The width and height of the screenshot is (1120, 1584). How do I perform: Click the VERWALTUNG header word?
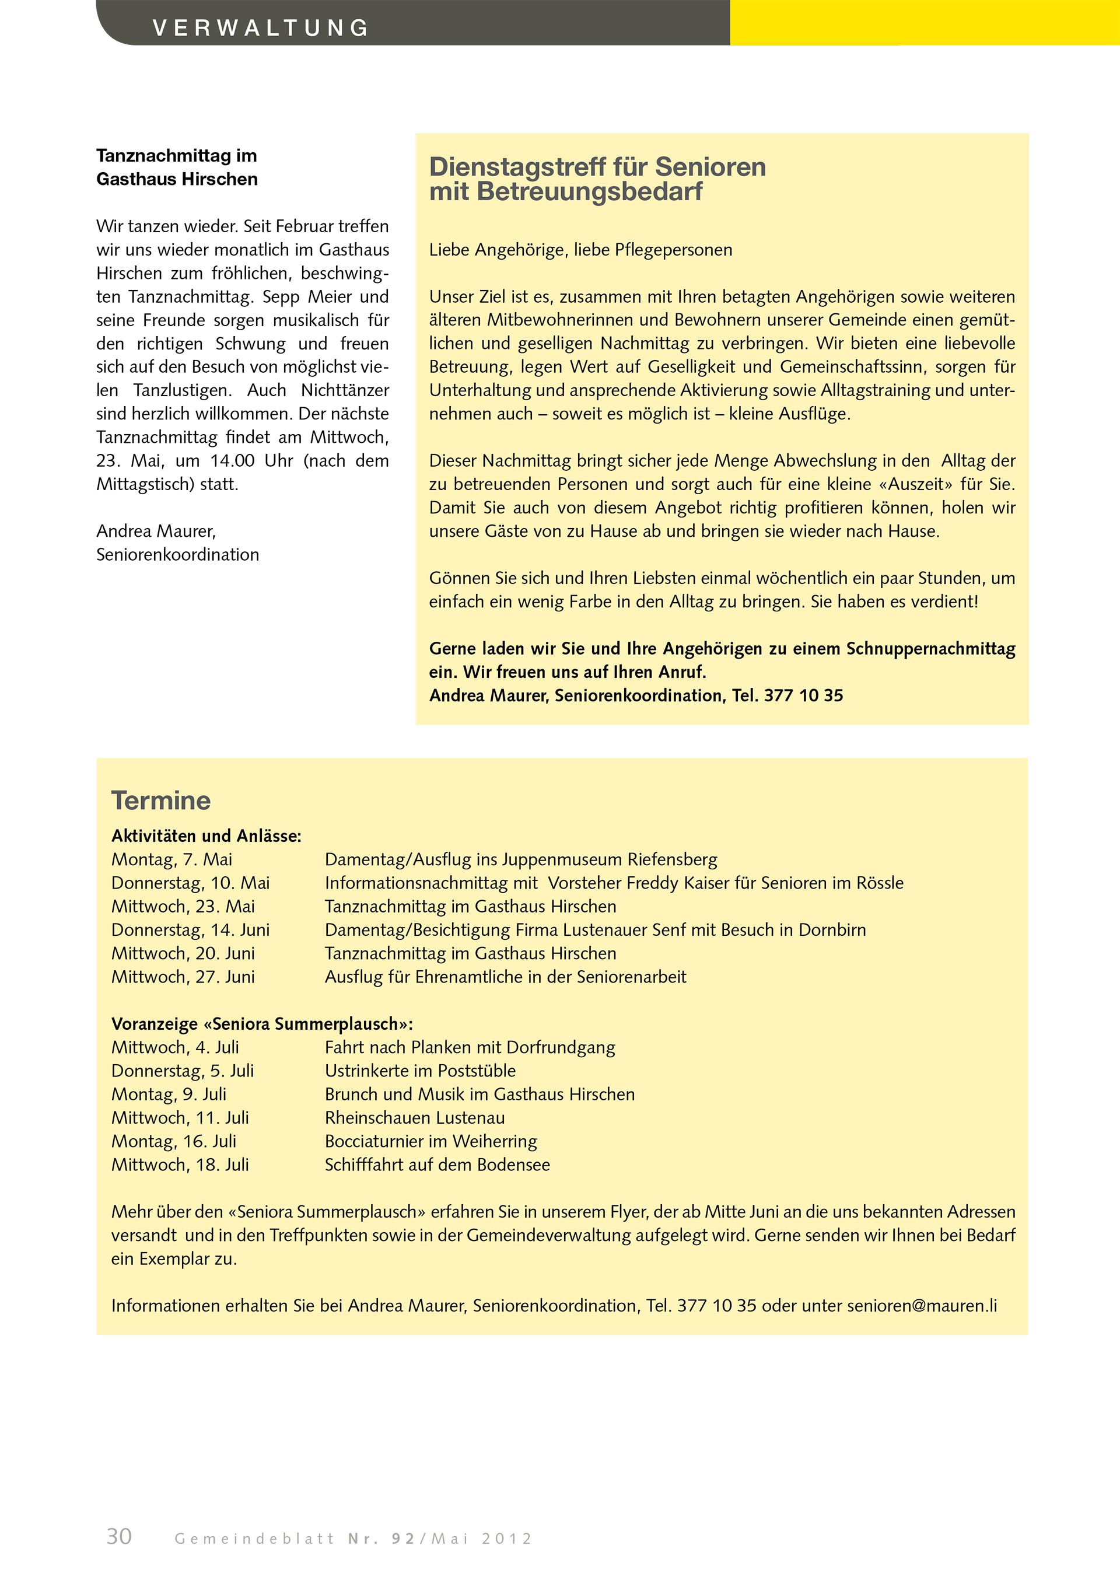point(261,27)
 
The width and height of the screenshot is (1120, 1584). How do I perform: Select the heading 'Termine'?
point(160,800)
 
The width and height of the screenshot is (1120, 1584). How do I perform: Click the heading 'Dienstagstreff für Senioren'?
point(597,167)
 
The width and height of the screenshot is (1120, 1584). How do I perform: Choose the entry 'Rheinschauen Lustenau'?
point(415,1118)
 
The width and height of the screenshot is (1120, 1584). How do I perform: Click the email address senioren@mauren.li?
point(922,1305)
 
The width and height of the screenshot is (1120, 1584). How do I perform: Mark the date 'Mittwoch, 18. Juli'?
point(180,1165)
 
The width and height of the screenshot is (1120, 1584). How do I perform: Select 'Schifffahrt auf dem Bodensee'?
point(437,1165)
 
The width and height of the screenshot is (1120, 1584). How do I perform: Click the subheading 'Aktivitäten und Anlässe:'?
point(206,836)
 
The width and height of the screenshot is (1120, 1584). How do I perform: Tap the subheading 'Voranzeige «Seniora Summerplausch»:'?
point(262,1024)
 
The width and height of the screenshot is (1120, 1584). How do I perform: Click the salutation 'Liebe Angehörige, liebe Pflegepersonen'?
point(580,250)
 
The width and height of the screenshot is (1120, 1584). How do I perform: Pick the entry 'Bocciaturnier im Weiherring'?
point(430,1141)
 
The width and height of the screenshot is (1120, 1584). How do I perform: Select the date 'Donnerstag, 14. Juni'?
point(190,930)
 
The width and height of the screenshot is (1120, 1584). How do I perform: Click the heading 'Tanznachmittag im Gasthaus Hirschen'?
point(177,167)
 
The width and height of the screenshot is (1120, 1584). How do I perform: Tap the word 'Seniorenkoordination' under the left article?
point(177,555)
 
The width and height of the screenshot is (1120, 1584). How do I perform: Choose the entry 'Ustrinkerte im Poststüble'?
point(420,1071)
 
